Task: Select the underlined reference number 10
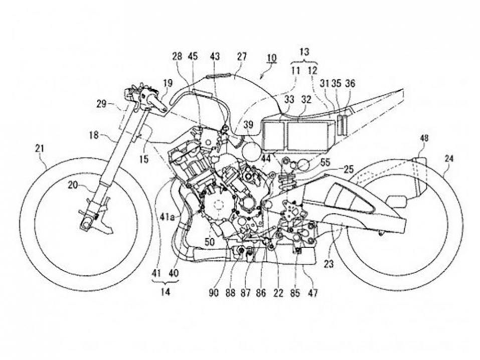(271, 58)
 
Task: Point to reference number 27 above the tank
(242, 57)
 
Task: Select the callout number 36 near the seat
(350, 84)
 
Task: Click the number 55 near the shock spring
(325, 163)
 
